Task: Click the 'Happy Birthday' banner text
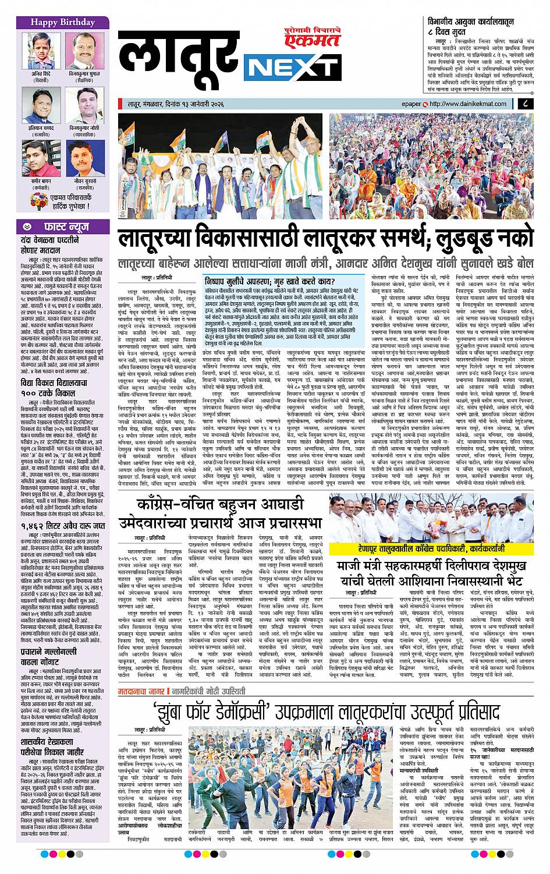(x=56, y=22)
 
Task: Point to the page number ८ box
(x=526, y=104)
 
